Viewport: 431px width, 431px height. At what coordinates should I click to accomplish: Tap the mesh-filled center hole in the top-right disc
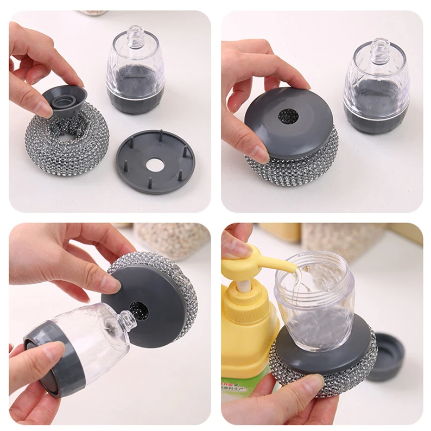pyautogui.click(x=288, y=116)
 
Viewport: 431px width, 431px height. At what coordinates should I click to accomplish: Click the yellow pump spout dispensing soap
pyautogui.click(x=271, y=263)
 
